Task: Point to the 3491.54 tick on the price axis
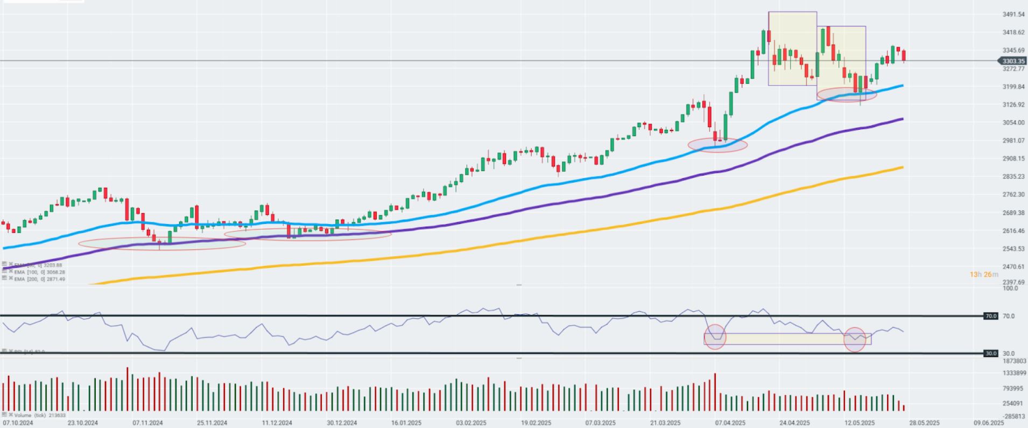(1013, 15)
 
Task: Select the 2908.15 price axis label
(1013, 159)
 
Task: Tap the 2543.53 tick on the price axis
(1013, 249)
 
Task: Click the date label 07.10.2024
(18, 423)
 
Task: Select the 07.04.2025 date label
(730, 423)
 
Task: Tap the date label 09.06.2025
(989, 423)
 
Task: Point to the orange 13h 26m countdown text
(984, 275)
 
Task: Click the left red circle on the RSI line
(715, 336)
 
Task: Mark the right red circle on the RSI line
(855, 340)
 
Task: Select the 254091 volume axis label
(1012, 403)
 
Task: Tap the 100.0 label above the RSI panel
(1010, 289)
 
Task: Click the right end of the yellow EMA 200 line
(902, 167)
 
